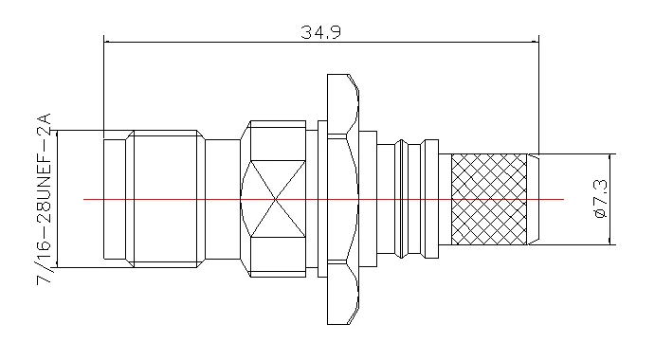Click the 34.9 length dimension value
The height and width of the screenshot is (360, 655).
click(x=320, y=32)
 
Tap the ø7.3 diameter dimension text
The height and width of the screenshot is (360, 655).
click(x=600, y=198)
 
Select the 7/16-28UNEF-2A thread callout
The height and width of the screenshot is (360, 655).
click(x=44, y=199)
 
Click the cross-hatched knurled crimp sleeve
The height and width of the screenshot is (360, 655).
click(x=489, y=199)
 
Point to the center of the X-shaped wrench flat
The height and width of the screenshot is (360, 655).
click(x=276, y=199)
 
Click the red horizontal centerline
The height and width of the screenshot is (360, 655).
click(x=324, y=200)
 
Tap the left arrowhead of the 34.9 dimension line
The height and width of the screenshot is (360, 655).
click(x=107, y=42)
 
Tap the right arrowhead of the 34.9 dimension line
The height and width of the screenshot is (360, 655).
click(x=536, y=42)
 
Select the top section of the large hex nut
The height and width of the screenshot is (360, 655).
click(x=343, y=106)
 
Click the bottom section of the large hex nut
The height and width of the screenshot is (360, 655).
click(x=343, y=293)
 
